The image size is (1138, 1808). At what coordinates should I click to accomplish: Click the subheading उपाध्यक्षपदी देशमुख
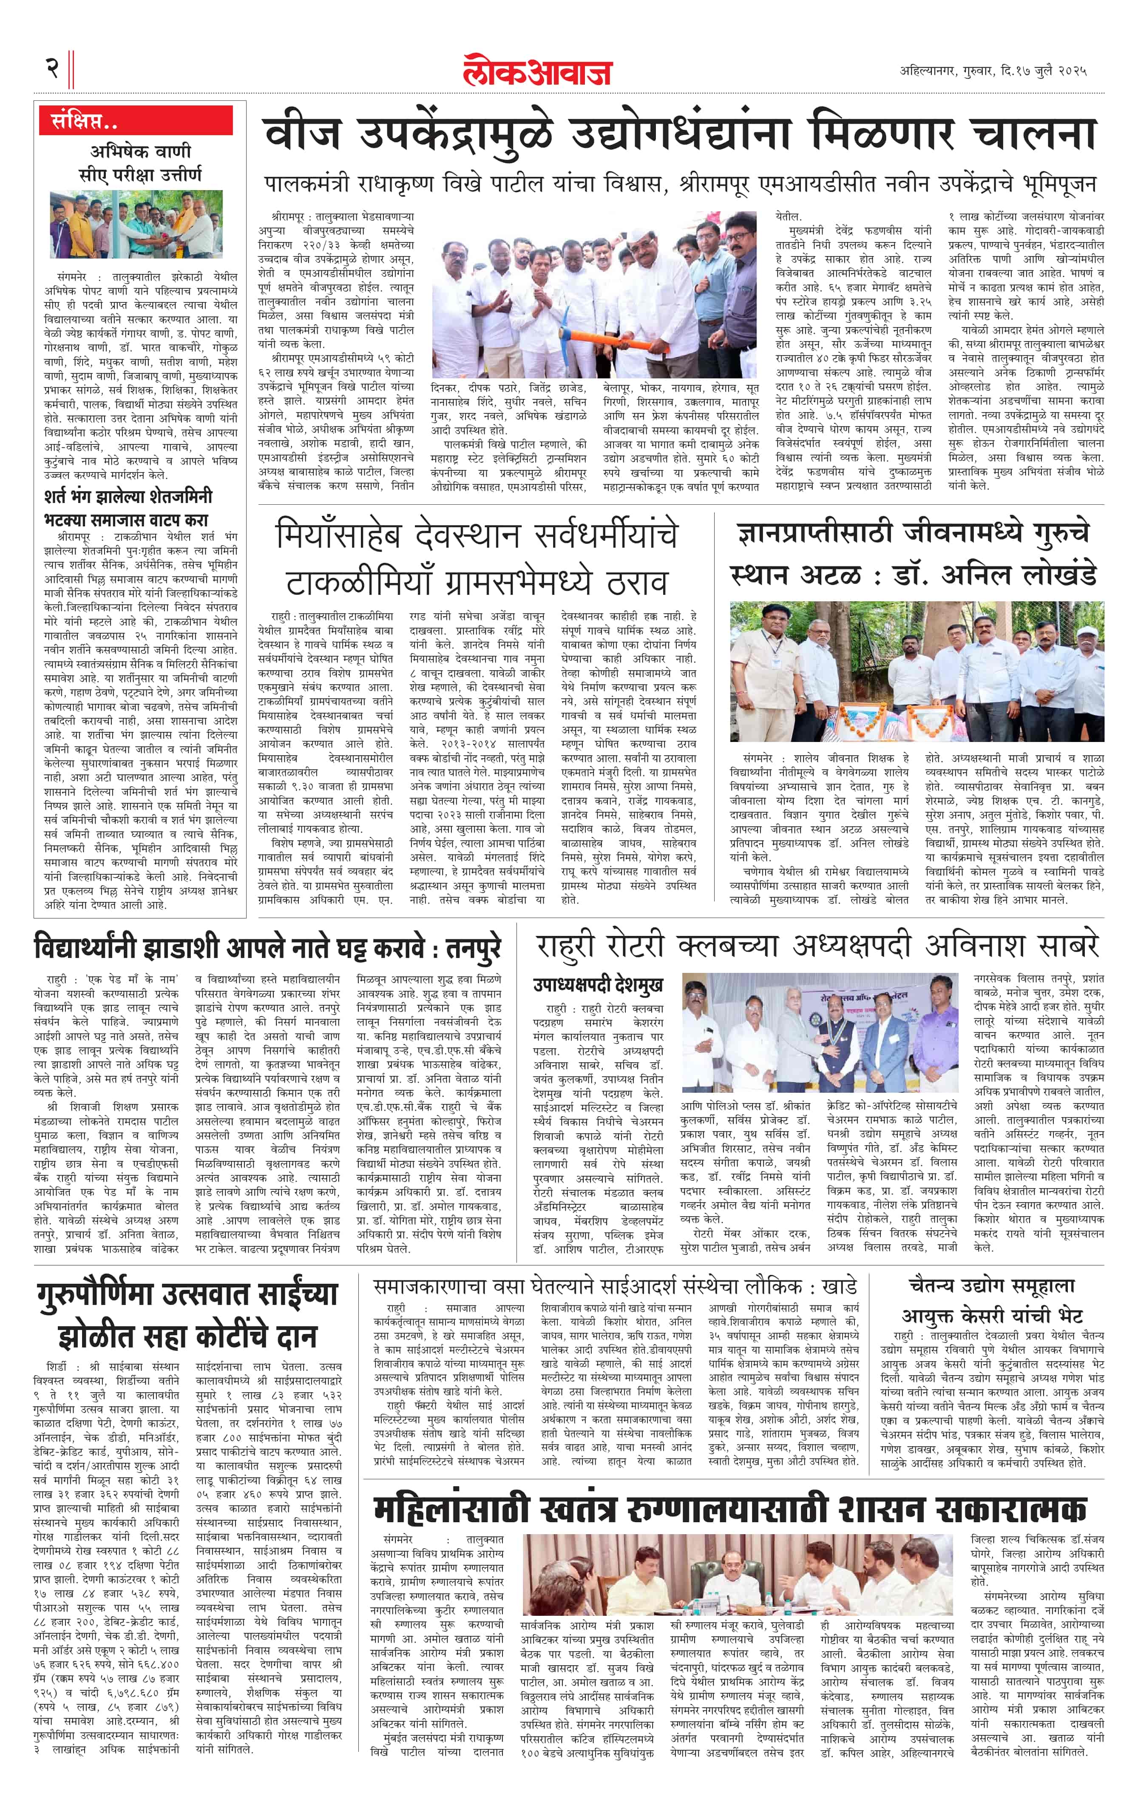point(598,984)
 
